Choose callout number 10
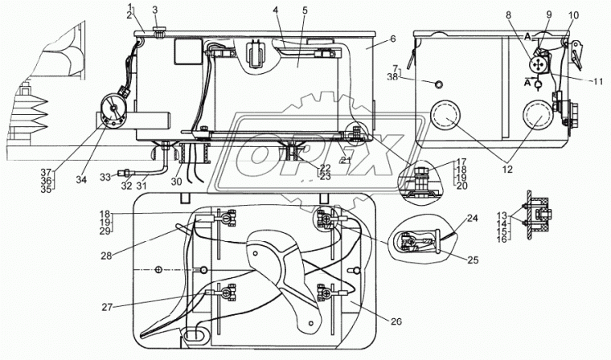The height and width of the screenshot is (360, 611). (573, 15)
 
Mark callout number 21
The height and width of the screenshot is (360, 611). (346, 159)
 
